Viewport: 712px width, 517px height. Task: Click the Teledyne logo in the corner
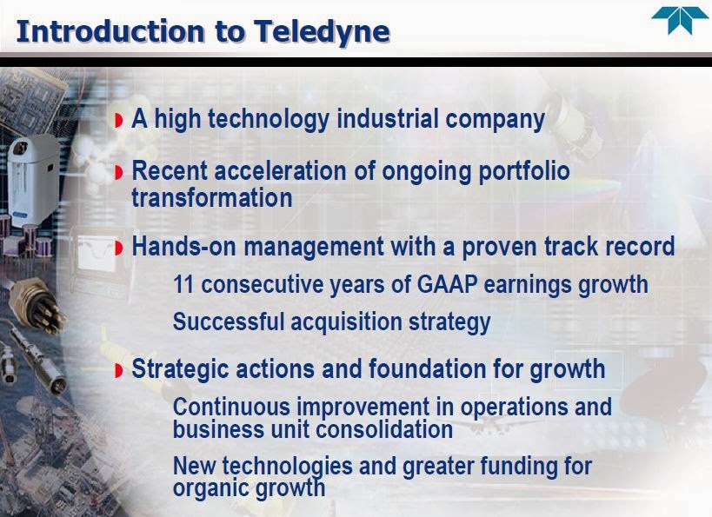(680, 21)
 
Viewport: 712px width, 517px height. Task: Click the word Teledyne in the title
(322, 32)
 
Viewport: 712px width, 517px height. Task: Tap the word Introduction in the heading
(110, 31)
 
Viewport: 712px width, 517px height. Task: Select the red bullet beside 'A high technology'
(119, 121)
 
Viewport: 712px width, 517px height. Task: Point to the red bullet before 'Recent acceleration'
(119, 173)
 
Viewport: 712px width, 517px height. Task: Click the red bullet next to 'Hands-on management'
(119, 248)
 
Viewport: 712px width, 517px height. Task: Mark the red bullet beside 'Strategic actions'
(119, 370)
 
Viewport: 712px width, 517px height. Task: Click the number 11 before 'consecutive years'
(183, 285)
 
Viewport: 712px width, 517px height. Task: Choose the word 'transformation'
(212, 198)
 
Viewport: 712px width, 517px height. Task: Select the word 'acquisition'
(347, 322)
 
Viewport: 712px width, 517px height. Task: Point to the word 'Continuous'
(231, 407)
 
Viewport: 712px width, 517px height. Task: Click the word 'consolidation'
(383, 429)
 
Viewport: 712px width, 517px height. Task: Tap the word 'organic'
(210, 489)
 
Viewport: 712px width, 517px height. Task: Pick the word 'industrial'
(388, 119)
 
